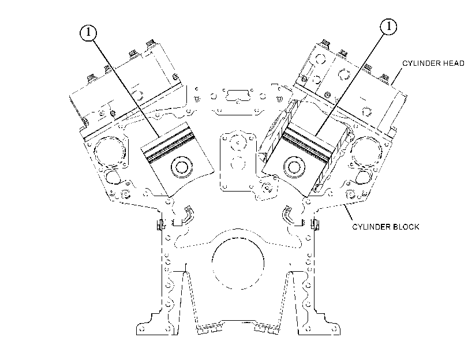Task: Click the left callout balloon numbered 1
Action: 88,32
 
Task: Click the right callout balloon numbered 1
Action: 388,27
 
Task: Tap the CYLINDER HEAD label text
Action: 433,63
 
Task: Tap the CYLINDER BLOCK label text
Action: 385,227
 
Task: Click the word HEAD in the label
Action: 453,63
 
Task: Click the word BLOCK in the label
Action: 406,227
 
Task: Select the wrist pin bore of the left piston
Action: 181,166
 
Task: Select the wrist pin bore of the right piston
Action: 294,167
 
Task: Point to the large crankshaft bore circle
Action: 238,264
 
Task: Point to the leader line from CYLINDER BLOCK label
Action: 349,212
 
